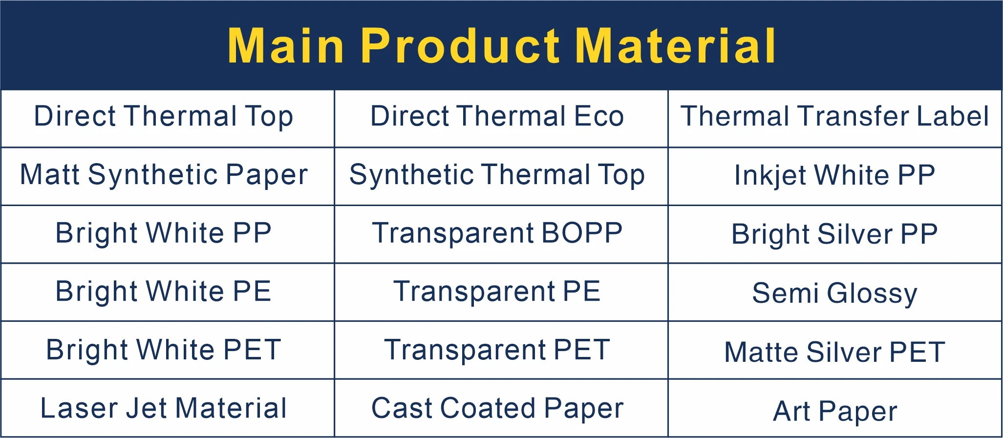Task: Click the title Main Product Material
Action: [501, 46]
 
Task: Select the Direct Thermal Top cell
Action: [164, 117]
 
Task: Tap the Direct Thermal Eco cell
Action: [497, 117]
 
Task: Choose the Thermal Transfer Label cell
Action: [834, 117]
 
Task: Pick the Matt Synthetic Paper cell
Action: [164, 175]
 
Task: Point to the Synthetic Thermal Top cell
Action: [497, 175]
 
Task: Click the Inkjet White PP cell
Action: [834, 175]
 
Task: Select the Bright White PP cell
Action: [164, 233]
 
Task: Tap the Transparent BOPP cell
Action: [497, 233]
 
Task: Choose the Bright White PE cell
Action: [164, 292]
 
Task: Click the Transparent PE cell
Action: [497, 292]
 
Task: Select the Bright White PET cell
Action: [164, 350]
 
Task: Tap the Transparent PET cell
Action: [497, 350]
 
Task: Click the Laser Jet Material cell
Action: [164, 408]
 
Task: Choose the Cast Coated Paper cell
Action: [497, 408]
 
